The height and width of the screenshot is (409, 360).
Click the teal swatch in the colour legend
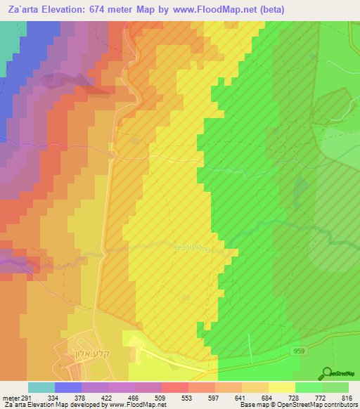[41, 387]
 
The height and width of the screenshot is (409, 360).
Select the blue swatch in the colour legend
[68, 387]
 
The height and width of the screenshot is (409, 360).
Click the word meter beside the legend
[10, 397]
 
